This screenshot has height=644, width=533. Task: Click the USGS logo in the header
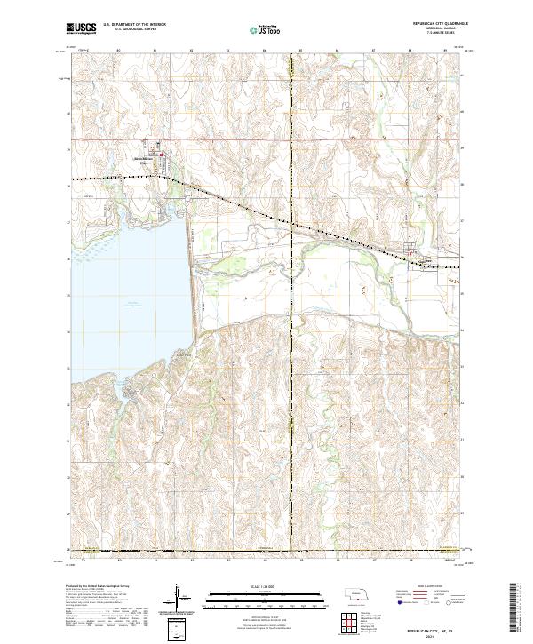pos(82,28)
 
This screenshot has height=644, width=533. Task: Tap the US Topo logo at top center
pos(267,29)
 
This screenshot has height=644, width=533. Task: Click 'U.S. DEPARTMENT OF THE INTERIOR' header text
pos(134,25)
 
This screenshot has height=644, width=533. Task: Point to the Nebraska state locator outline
pos(355,594)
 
